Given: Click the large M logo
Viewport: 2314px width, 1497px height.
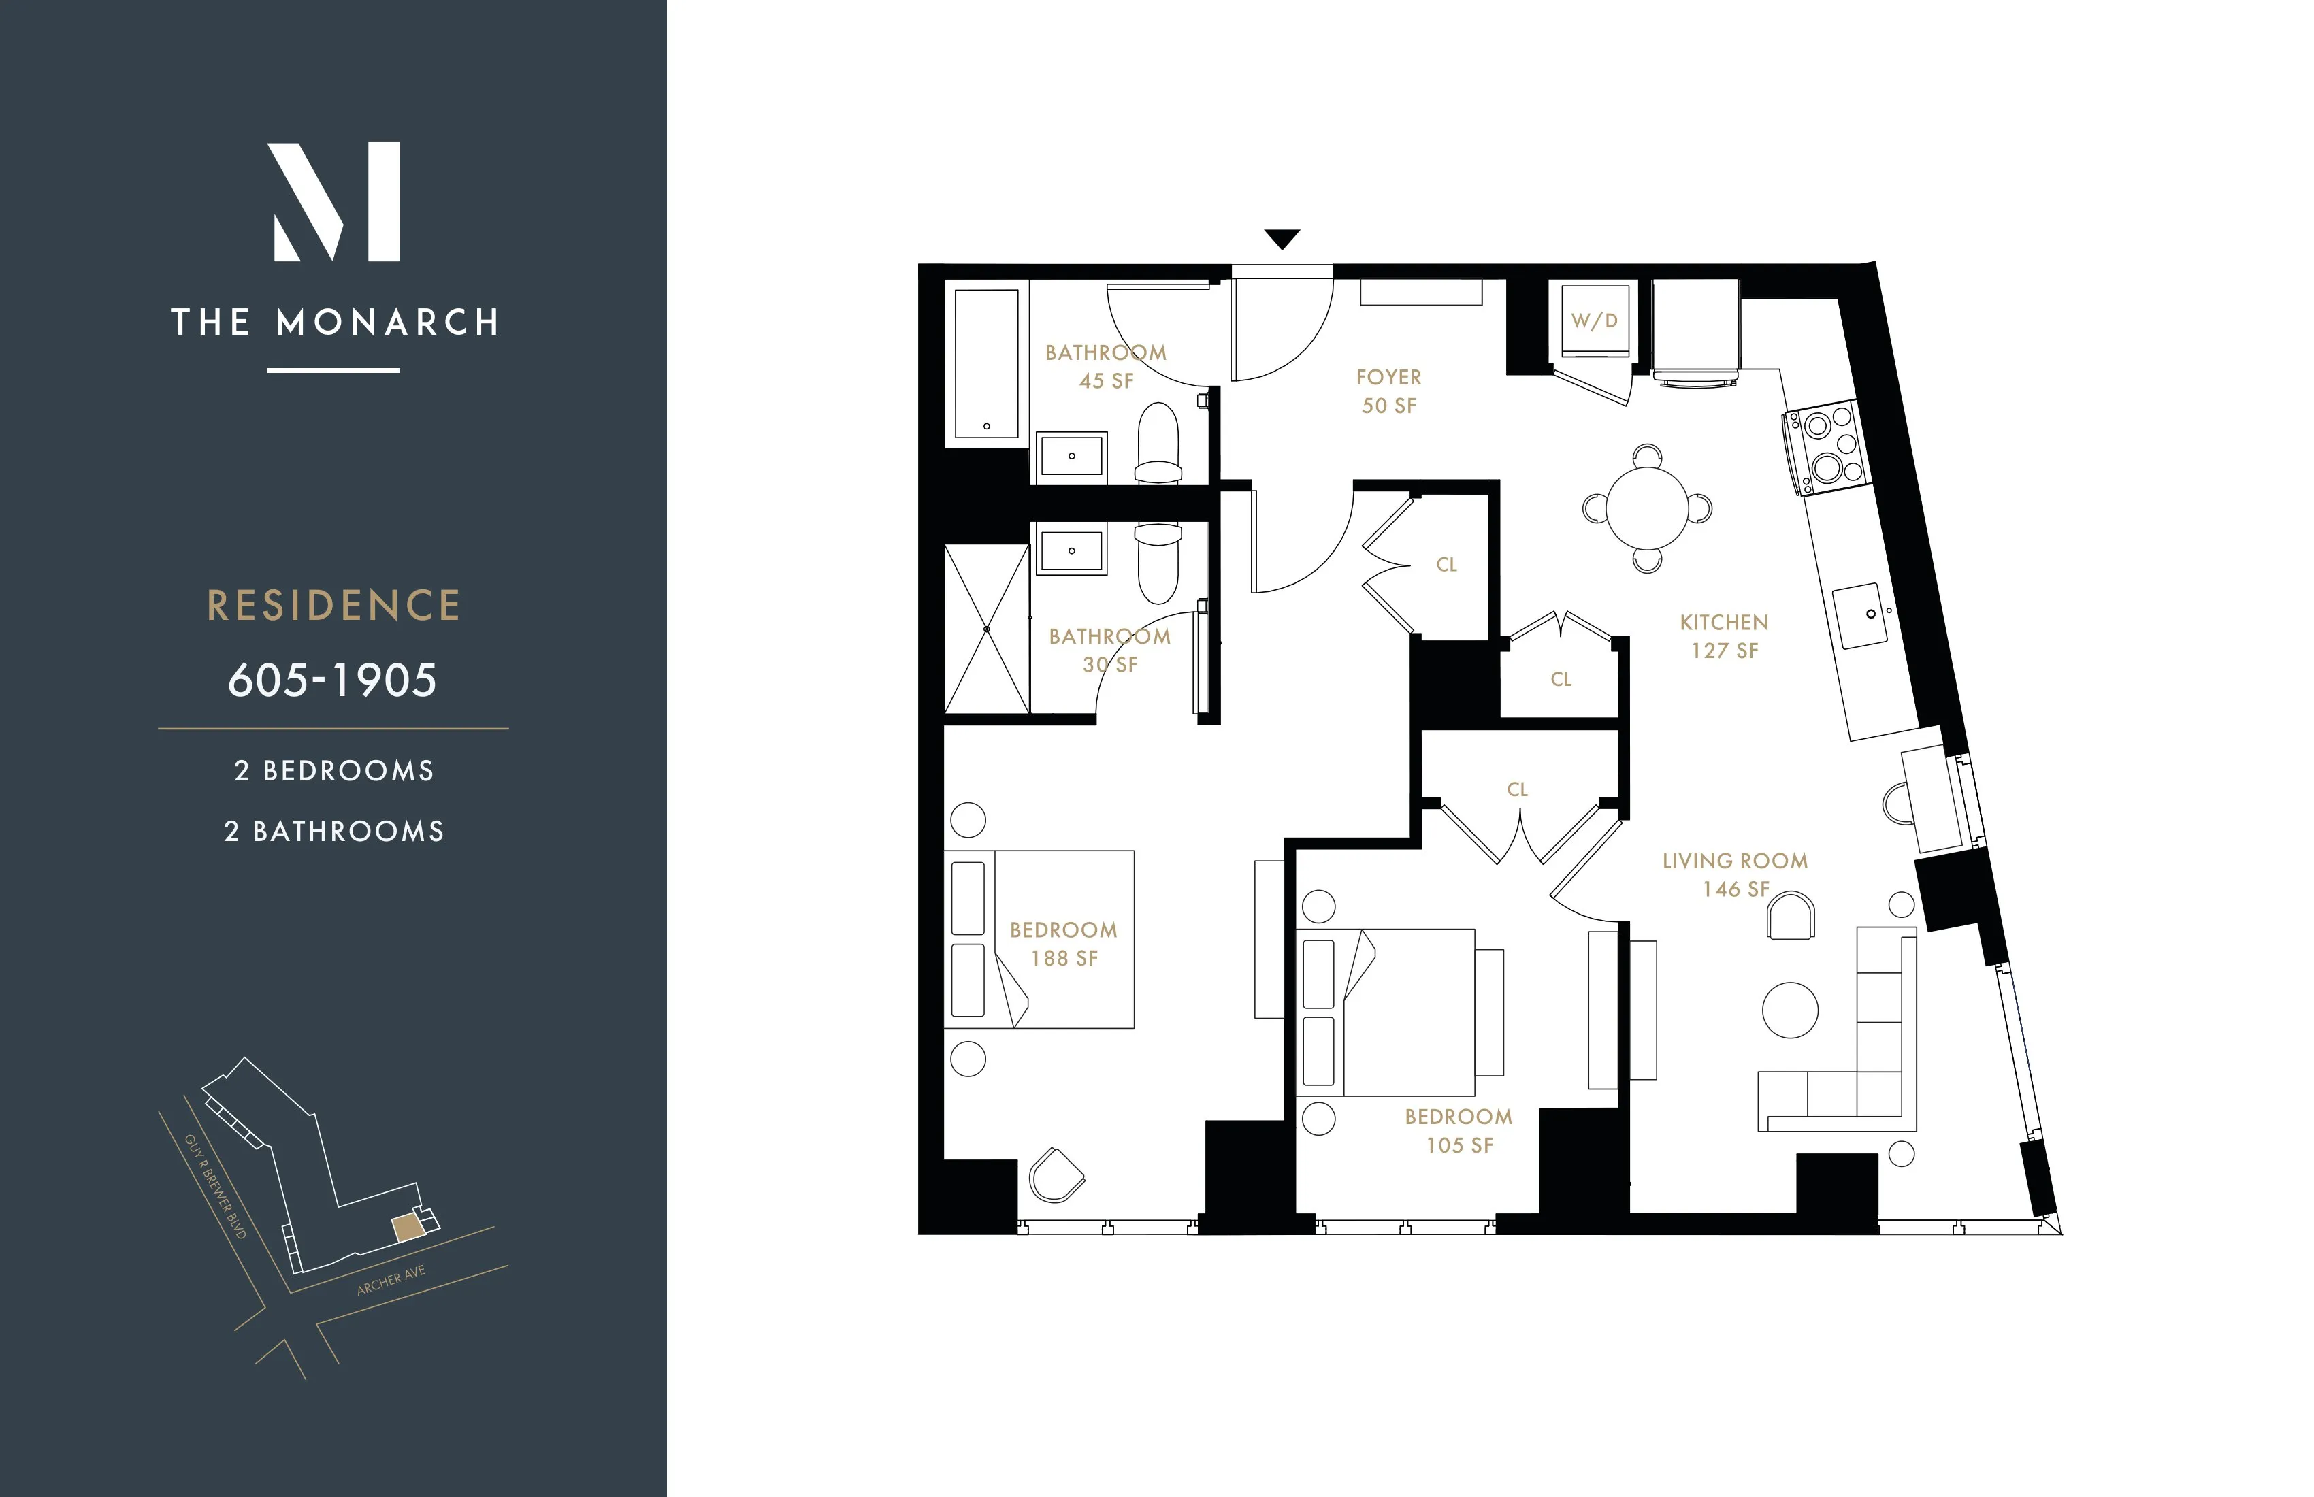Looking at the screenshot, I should click(334, 202).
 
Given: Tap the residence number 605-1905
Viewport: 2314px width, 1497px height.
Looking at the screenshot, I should click(333, 680).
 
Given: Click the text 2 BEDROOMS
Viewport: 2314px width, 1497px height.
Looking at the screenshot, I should click(333, 771).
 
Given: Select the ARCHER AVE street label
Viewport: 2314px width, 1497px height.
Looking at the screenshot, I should click(391, 1280).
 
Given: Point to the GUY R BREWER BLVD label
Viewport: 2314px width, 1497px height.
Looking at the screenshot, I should click(215, 1186).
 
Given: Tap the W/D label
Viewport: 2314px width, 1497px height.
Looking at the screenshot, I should click(1595, 320).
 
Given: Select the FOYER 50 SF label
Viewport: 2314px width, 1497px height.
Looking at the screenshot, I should click(1388, 391).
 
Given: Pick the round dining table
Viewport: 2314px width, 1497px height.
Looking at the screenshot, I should click(1647, 508).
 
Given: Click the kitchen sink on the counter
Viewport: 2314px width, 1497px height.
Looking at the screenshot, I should click(1860, 615).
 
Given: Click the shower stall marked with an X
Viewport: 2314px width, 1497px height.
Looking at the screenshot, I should click(986, 629).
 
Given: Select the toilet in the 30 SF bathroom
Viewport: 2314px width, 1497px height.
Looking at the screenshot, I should click(1157, 564).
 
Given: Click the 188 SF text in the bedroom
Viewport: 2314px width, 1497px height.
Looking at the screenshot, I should click(1064, 959).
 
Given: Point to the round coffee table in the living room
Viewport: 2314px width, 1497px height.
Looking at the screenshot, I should click(1790, 1010).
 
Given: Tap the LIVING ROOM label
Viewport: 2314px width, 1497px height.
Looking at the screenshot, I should click(1735, 861).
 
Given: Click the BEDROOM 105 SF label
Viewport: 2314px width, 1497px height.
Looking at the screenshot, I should click(1459, 1130).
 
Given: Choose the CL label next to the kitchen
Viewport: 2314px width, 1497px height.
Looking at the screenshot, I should click(1561, 680).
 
